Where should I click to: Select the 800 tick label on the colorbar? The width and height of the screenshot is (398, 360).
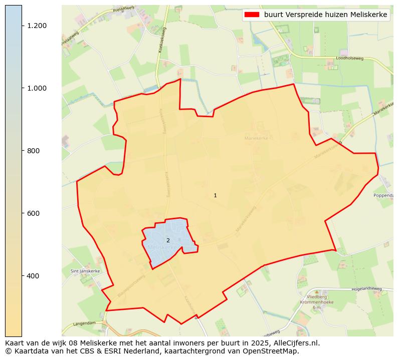[34, 151]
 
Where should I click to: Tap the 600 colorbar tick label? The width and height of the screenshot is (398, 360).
[34, 213]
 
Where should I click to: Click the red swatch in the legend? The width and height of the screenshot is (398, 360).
[251, 15]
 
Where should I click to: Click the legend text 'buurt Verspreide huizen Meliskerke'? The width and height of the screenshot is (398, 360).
[325, 15]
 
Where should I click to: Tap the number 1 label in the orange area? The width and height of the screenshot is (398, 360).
[215, 196]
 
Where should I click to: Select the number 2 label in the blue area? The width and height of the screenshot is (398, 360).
[168, 241]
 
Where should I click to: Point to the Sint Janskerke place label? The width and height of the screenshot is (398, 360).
[85, 271]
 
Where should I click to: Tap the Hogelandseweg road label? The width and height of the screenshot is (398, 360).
[366, 289]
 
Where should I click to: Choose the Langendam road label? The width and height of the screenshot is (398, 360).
[84, 323]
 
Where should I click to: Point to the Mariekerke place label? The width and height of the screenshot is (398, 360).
[257, 138]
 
